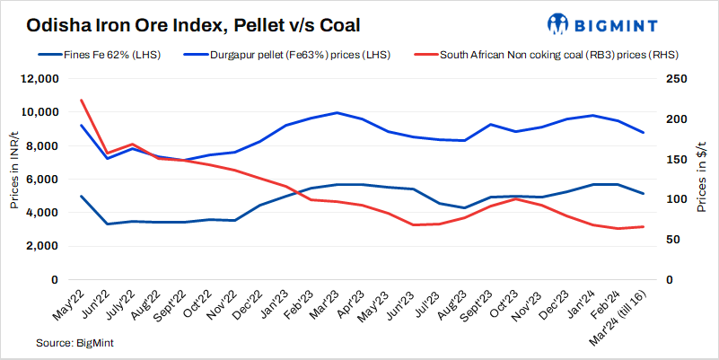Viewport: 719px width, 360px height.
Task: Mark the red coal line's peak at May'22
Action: pos(82,100)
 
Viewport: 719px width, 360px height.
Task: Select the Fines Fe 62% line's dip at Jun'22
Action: pos(107,224)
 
